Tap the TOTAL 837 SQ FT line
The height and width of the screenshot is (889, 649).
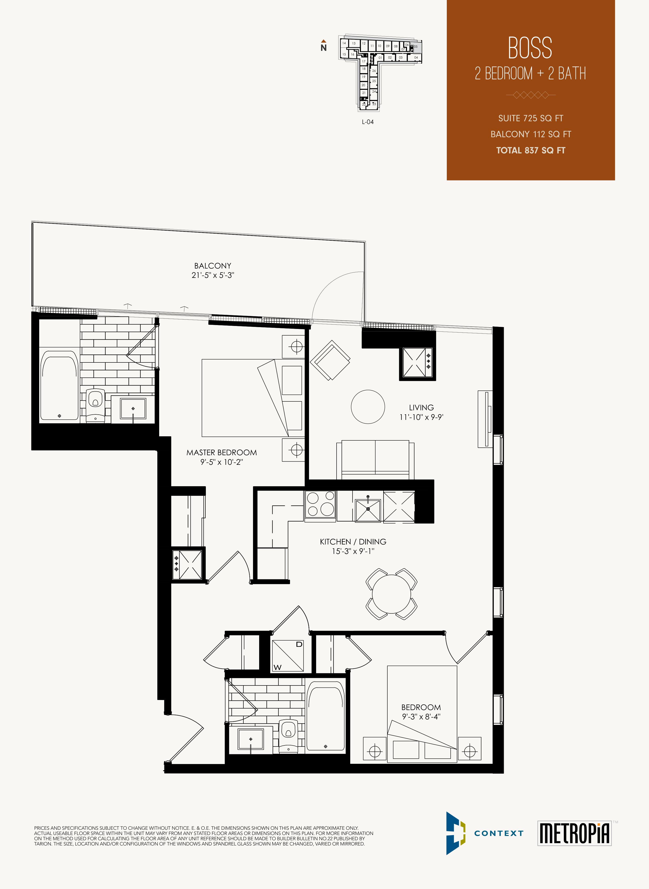[530, 150]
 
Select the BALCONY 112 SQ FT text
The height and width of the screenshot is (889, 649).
[530, 134]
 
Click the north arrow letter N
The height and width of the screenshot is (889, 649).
[323, 48]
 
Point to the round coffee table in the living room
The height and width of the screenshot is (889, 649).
[368, 407]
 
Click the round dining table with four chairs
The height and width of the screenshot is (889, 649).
[391, 594]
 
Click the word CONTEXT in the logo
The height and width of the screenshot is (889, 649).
[498, 833]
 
